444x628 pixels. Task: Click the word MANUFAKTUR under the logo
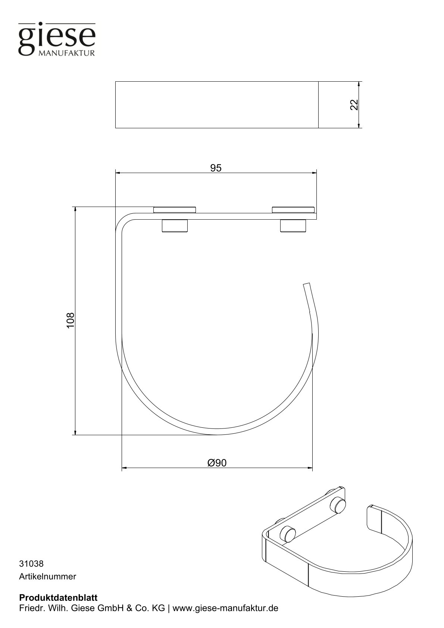[67, 53]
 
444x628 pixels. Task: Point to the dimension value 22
[354, 105]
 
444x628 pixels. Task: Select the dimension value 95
[216, 168]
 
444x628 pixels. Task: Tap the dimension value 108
[71, 320]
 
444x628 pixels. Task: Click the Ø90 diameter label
[217, 463]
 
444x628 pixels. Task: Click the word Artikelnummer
[47, 577]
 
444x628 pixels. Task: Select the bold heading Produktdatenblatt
[58, 597]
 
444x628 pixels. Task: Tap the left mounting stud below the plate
[175, 226]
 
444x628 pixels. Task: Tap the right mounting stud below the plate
[293, 226]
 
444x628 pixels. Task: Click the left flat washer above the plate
[175, 209]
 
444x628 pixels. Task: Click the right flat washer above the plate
[293, 209]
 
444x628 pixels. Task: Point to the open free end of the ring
[307, 286]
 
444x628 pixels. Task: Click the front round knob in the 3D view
[288, 534]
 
